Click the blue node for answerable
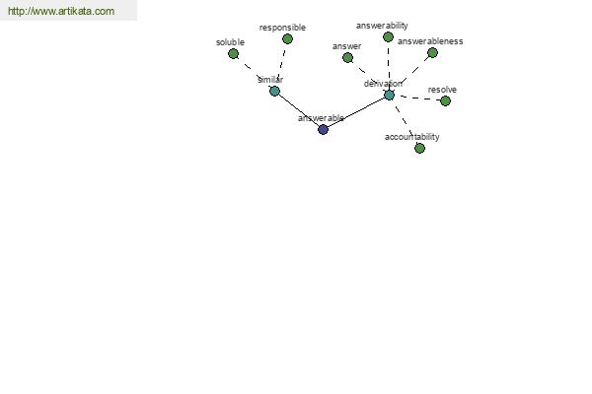323,130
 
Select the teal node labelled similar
274,92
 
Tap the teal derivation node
389,95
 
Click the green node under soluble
233,54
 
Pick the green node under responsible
287,38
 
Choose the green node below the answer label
347,58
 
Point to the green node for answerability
388,37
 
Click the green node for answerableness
432,53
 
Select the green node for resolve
446,101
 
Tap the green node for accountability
419,148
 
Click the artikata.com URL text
61,11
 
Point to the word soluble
230,42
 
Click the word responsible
282,28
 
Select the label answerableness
430,41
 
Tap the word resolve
442,90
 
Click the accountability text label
411,137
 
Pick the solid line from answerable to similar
299,110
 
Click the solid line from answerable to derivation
356,112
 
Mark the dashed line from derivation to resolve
417,98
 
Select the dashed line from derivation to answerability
389,66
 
